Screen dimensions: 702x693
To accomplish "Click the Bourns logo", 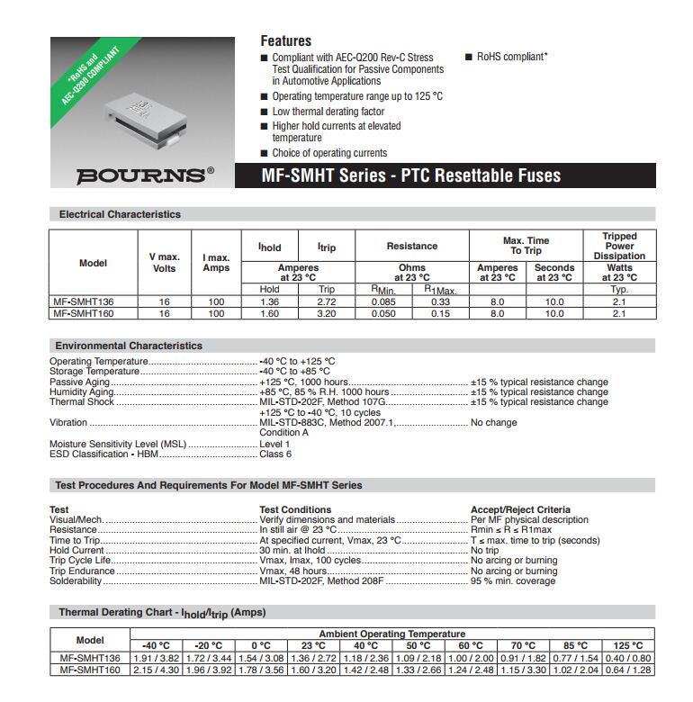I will click(x=145, y=175).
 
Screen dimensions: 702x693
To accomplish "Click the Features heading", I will click(x=285, y=40).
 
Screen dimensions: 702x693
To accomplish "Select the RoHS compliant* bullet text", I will click(x=512, y=57).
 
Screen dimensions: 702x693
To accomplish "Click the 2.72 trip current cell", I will click(x=327, y=301).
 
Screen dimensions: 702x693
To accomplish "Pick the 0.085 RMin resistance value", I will click(x=383, y=301).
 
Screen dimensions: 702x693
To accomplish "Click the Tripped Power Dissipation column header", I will click(x=618, y=246).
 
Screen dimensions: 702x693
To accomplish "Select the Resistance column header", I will click(x=411, y=246).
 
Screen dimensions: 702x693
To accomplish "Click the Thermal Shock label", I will click(x=82, y=402).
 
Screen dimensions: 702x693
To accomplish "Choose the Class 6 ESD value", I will click(x=275, y=454).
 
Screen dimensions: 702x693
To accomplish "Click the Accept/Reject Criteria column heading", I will click(x=520, y=509).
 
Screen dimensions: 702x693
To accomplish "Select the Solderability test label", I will click(x=76, y=581).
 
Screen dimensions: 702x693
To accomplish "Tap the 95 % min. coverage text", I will click(x=513, y=581).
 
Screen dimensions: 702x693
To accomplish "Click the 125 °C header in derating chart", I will click(x=627, y=645).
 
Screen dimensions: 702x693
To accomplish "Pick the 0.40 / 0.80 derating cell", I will click(x=627, y=658).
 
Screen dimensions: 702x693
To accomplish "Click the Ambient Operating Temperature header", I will click(x=391, y=634).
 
